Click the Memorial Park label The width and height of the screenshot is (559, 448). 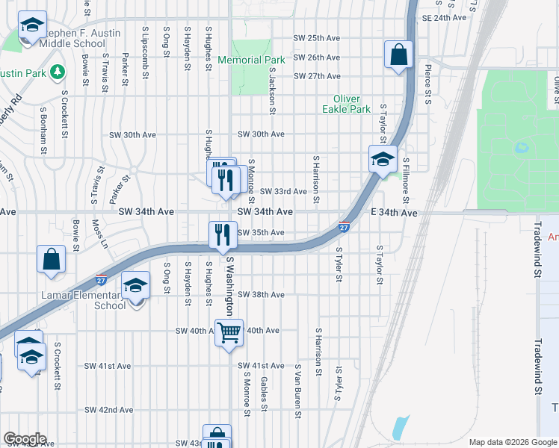pos(251,60)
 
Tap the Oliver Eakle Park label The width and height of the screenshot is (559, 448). pos(346,104)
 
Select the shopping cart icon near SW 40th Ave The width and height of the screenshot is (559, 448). pos(229,332)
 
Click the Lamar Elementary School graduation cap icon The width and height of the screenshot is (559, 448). pos(136,287)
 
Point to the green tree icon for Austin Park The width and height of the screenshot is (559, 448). pos(57,72)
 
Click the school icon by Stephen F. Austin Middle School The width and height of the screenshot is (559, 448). pos(31,26)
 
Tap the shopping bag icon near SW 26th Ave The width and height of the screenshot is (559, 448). pos(398,54)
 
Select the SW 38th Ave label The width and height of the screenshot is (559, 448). pos(261,295)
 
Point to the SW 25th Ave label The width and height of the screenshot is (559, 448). pos(316,38)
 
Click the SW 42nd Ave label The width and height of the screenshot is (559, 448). pos(109,410)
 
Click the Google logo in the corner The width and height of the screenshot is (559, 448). pos(25,439)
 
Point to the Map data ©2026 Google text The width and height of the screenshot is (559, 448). pos(511,442)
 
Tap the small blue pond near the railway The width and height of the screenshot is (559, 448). pos(400,426)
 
